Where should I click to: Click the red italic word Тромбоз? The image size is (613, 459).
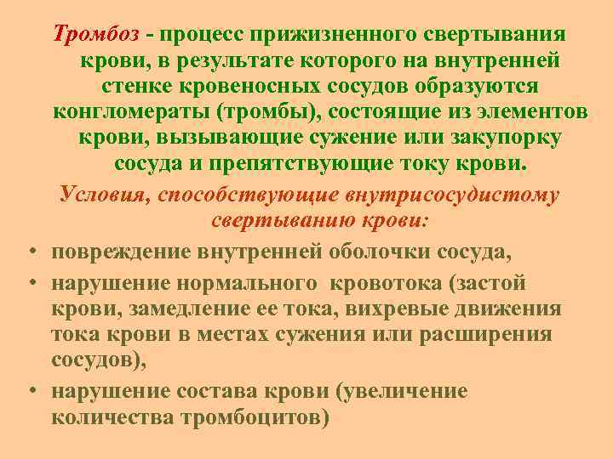click(x=96, y=33)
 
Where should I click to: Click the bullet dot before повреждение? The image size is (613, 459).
click(x=30, y=252)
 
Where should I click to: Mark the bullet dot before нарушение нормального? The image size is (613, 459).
click(x=30, y=282)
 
